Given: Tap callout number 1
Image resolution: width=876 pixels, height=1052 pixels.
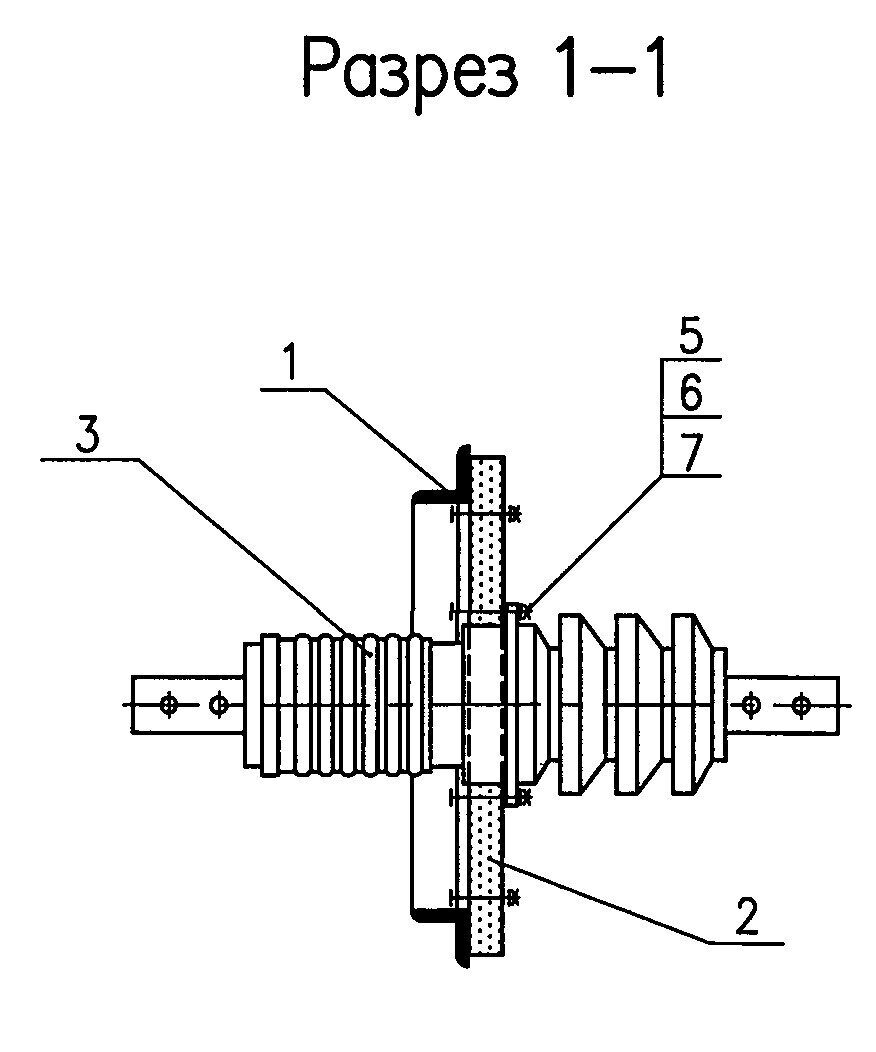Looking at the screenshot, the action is click(x=290, y=362).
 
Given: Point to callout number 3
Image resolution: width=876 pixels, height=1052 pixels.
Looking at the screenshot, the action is click(x=87, y=434).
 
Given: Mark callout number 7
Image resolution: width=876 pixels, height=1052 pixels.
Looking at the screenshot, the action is click(x=691, y=453).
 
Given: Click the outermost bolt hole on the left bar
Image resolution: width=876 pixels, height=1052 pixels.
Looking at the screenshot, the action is click(x=168, y=705).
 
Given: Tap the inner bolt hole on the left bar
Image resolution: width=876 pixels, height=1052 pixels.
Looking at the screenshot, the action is click(x=217, y=705).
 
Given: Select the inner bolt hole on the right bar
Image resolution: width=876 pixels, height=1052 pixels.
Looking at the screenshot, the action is click(x=751, y=705).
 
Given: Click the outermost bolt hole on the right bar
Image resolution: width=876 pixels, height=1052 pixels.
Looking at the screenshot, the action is click(x=800, y=705).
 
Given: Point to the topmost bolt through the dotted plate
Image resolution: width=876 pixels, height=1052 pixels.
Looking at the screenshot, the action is click(x=486, y=515).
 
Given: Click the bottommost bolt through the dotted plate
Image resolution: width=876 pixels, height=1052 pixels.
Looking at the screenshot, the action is click(x=486, y=896).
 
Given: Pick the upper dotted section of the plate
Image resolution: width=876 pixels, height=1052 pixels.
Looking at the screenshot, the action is click(x=488, y=530).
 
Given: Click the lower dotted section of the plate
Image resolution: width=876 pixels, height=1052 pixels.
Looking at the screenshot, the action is click(x=488, y=878).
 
